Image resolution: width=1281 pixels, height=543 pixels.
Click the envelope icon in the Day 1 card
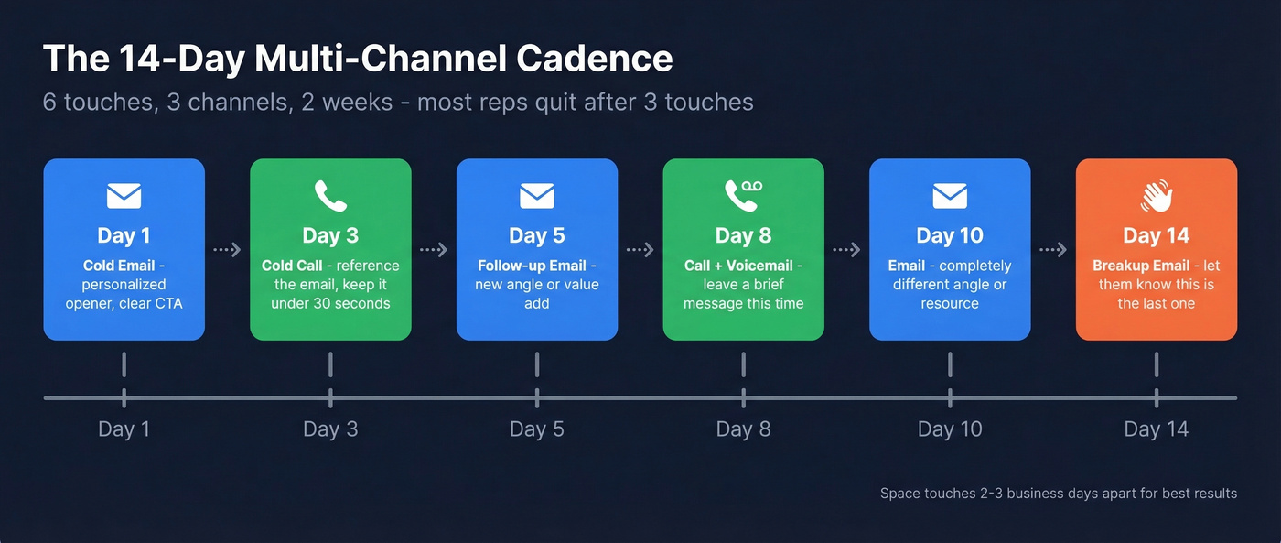[x=124, y=196]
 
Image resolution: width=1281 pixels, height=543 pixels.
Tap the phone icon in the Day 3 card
[x=330, y=196]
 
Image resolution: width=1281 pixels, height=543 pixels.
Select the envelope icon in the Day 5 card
[x=537, y=196]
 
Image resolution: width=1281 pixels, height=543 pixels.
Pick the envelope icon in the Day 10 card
[x=950, y=196]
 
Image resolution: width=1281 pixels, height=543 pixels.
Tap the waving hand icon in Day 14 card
[x=1157, y=196]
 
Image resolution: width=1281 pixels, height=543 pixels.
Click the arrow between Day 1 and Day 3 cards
[x=227, y=250]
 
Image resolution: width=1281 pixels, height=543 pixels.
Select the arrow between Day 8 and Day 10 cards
[x=846, y=250]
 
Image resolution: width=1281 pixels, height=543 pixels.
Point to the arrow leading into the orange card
[x=1053, y=250]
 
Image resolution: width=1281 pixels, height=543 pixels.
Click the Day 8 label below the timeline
[x=743, y=429]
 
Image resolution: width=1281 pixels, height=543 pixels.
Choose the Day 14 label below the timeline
[x=1157, y=429]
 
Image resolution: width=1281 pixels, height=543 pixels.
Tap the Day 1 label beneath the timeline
[x=124, y=429]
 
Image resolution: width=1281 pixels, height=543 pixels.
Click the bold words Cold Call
[x=292, y=266]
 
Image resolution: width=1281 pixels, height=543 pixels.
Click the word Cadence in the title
[x=594, y=59]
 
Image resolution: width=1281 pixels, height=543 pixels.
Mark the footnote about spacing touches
[x=1058, y=494]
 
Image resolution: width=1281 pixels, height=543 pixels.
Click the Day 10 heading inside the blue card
[x=950, y=235]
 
